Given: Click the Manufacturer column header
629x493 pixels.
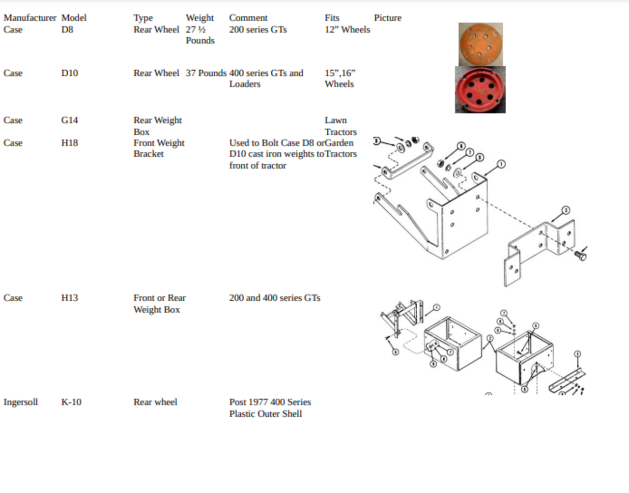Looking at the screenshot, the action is pos(30,18).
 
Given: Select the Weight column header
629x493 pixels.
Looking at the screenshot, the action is pos(200,18).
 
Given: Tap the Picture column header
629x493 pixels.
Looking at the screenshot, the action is pos(388,18).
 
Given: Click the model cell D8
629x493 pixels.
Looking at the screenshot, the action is pos(67,29).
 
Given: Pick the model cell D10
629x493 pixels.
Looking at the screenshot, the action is pos(69,73).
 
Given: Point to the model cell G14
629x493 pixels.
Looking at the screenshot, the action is pos(69,120).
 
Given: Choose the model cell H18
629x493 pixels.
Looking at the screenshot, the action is pos(69,143).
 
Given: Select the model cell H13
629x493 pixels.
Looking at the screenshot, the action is pos(69,298).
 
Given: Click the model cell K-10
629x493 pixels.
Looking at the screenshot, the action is pos(71,402).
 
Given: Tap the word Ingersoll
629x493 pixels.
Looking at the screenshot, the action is pos(21,403).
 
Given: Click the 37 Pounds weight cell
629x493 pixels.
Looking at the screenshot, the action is pos(206,73).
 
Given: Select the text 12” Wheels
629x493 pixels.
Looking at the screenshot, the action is pos(347,29).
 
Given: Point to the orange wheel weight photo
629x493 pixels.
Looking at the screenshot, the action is pos(481,44).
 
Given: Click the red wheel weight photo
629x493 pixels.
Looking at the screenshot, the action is pos(480,89).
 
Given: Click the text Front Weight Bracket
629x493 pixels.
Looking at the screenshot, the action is pos(159,148).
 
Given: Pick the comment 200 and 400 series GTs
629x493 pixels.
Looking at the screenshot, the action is pos(275,298).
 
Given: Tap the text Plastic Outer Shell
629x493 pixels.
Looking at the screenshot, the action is pos(265,414).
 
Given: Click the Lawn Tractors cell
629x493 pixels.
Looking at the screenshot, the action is pos(341,126).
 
